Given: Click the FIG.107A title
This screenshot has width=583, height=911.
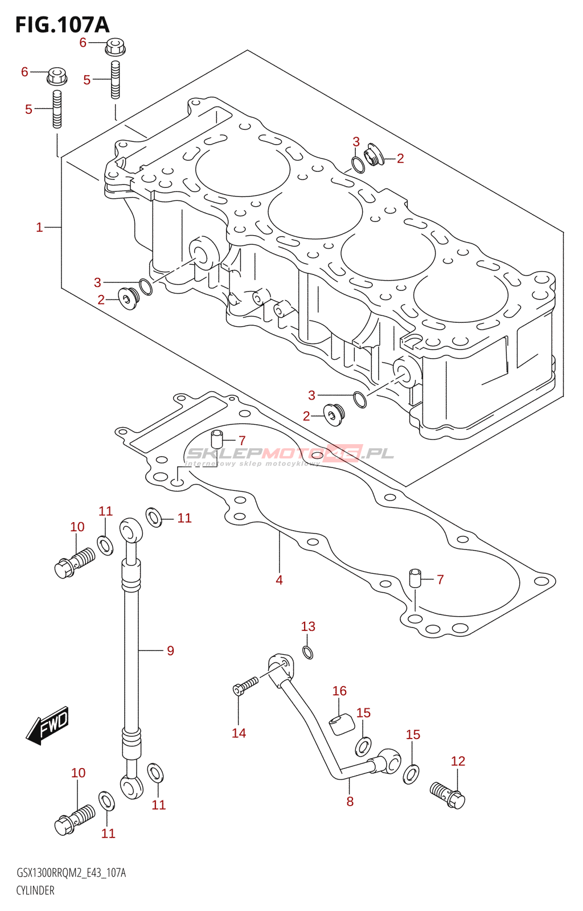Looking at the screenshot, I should [x=62, y=24].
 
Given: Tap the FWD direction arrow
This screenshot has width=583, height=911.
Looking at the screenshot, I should [x=48, y=725].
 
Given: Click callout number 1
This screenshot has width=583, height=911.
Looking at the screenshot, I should [x=39, y=228].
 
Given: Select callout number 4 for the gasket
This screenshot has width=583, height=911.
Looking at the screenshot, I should [x=279, y=580].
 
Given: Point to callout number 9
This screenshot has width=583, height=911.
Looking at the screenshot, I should [x=170, y=650].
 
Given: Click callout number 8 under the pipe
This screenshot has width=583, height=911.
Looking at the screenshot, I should [x=350, y=802].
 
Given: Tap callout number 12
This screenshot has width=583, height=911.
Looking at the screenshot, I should [x=458, y=761].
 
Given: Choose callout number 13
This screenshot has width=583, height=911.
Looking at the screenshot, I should [x=308, y=626].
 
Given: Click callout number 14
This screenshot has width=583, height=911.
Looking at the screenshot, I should [x=239, y=733].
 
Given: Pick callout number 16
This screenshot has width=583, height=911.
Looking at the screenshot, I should [x=339, y=691].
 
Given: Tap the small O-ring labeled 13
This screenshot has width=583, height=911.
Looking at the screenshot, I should [x=308, y=653].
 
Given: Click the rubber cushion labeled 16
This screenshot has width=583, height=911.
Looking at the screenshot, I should [x=342, y=725].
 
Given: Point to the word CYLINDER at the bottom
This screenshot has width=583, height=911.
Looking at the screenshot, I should [x=35, y=891].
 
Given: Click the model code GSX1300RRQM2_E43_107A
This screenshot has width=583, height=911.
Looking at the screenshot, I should [x=71, y=873].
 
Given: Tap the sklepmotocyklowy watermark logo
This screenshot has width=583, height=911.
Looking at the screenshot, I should [x=289, y=454].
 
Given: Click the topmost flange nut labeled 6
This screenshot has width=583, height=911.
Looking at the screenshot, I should [x=115, y=46].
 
